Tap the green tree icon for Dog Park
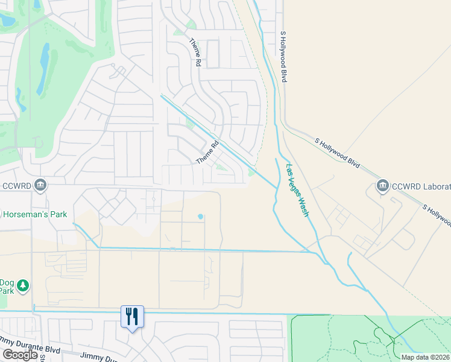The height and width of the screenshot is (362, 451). (23, 285)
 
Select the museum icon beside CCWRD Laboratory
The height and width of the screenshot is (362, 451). (382, 185)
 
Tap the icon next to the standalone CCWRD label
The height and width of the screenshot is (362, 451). (40, 184)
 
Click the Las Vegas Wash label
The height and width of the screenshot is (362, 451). (298, 190)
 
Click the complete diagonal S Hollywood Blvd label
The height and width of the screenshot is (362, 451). (337, 153)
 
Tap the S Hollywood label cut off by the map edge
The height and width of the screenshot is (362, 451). (437, 215)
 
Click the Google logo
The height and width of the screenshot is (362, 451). (20, 355)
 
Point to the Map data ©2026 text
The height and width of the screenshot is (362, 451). (425, 357)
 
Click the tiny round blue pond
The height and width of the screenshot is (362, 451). (200, 217)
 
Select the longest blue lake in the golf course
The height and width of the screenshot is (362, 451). (43, 68)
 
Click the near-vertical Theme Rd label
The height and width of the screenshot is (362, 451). (195, 49)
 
